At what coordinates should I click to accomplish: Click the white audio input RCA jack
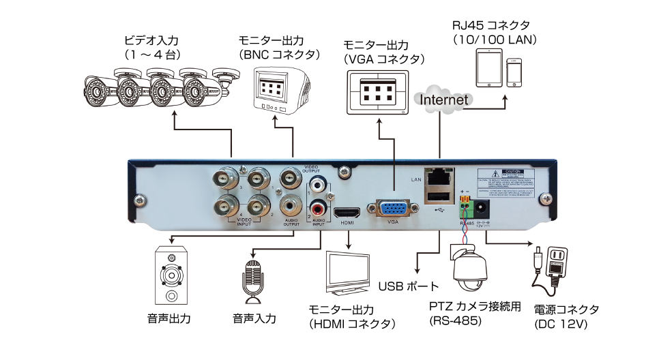[319, 185]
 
